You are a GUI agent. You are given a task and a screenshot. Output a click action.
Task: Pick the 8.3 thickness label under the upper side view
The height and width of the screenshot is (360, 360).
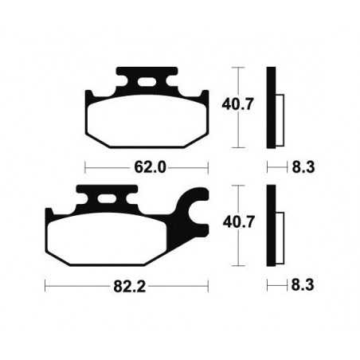pyautogui.click(x=304, y=168)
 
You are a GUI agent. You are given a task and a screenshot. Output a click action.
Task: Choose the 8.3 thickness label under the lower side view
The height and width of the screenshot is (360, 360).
pyautogui.click(x=304, y=284)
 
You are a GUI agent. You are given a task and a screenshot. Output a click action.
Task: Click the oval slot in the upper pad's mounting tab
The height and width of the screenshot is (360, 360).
pyautogui.click(x=146, y=80)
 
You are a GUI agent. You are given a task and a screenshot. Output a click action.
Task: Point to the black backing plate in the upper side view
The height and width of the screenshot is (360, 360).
pyautogui.click(x=273, y=107)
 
